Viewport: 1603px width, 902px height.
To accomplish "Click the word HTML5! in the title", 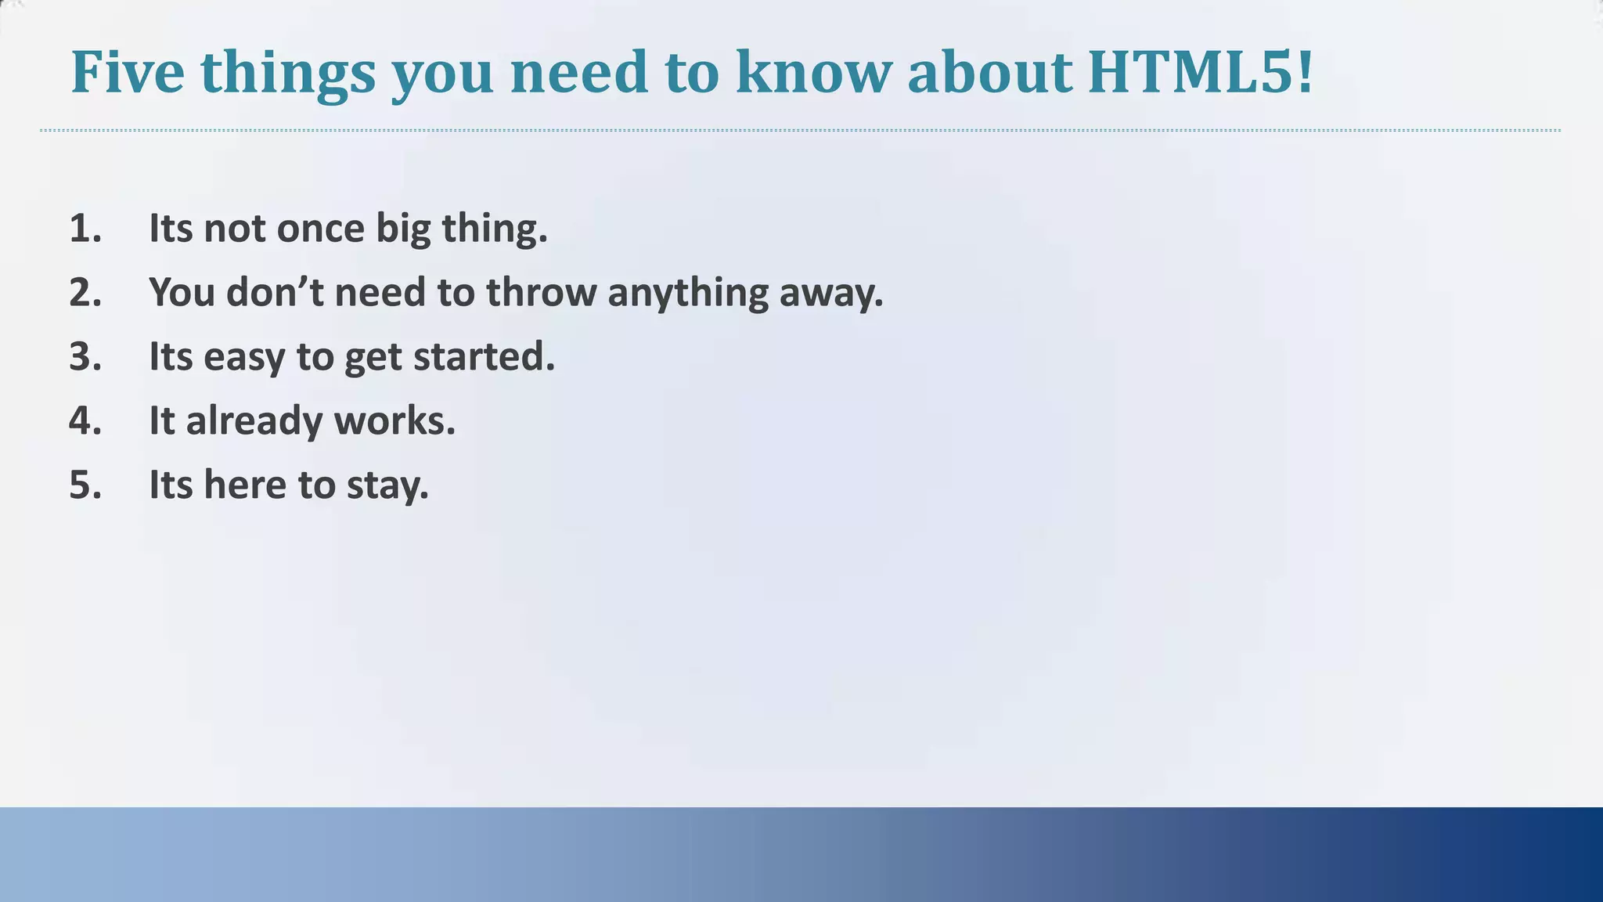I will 1201,72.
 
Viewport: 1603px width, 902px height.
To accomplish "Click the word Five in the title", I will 128,72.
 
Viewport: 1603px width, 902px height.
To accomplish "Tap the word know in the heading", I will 813,72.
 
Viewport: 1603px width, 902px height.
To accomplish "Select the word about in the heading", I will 989,72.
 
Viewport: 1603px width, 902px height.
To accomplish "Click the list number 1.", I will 85,229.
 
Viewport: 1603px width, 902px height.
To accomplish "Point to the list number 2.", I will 85,293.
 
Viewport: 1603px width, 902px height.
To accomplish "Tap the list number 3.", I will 85,357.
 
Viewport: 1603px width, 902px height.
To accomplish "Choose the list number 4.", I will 85,421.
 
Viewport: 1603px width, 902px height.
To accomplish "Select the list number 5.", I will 85,485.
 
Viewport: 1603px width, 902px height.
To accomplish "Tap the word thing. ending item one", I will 495,229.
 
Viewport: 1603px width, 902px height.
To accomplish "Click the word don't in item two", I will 275,293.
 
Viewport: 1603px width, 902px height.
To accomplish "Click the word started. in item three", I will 484,357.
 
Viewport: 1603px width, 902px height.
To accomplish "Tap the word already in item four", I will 254,421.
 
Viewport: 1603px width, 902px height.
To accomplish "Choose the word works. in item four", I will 394,421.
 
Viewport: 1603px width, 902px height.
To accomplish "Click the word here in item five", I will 245,485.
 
